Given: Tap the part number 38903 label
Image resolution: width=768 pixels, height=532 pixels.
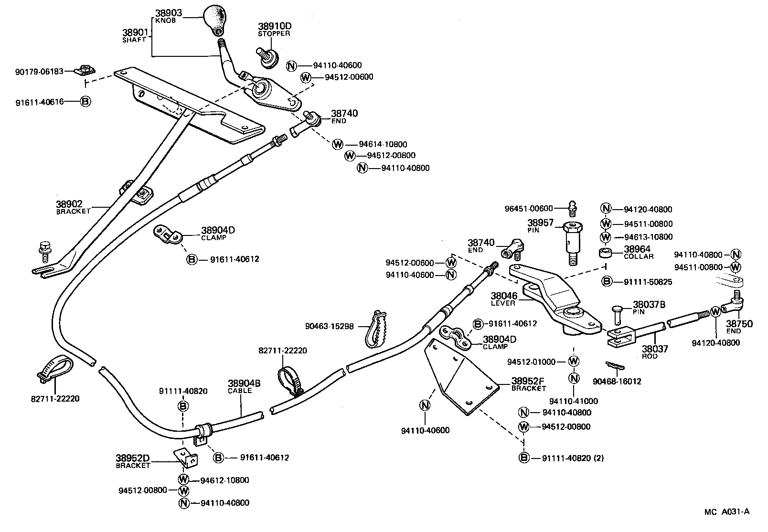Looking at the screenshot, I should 170,13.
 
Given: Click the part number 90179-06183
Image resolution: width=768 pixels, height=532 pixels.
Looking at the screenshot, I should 39,71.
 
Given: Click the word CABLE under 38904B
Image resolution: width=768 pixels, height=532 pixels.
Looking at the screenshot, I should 240,391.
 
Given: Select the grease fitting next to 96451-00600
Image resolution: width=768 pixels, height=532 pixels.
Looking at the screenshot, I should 573,207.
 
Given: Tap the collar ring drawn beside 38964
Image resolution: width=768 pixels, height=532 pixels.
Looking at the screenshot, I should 607,252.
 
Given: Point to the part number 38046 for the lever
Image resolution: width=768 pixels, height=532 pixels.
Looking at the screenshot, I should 504,297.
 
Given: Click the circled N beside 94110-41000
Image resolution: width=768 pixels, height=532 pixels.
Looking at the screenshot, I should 574,378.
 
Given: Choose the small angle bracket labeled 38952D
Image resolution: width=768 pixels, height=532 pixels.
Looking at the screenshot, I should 186,458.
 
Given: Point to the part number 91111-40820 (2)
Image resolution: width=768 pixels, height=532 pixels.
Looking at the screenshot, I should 573,458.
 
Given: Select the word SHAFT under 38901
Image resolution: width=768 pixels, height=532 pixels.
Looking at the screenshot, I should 134,40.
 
